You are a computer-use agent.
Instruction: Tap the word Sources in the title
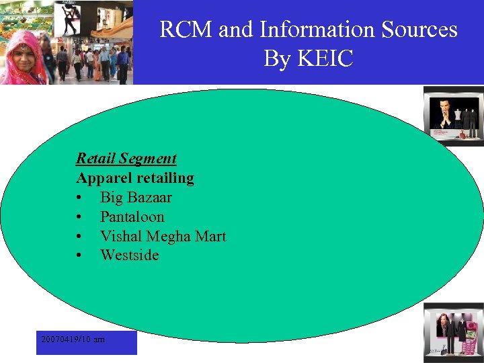419,30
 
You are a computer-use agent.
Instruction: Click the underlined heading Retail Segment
126,159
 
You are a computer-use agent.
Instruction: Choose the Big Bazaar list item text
136,198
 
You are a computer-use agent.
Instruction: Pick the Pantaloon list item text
132,217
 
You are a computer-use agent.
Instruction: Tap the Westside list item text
129,255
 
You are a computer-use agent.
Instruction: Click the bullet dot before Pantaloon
80,217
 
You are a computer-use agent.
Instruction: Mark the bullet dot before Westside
80,255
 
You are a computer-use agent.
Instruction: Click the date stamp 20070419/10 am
73,339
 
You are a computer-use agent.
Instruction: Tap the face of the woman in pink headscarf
23,50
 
